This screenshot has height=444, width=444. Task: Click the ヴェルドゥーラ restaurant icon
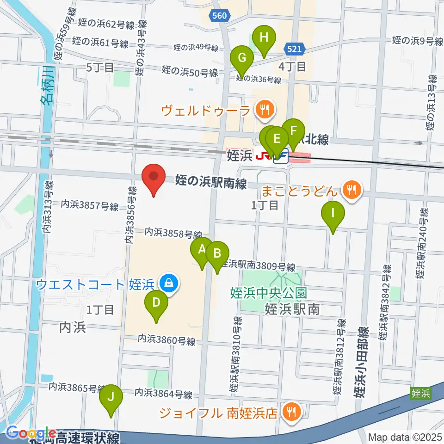click(265, 110)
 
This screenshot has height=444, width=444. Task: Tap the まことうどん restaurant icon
click(351, 189)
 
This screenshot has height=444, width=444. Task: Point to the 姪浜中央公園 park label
click(268, 293)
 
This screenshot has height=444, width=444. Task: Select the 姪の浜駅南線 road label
click(210, 182)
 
